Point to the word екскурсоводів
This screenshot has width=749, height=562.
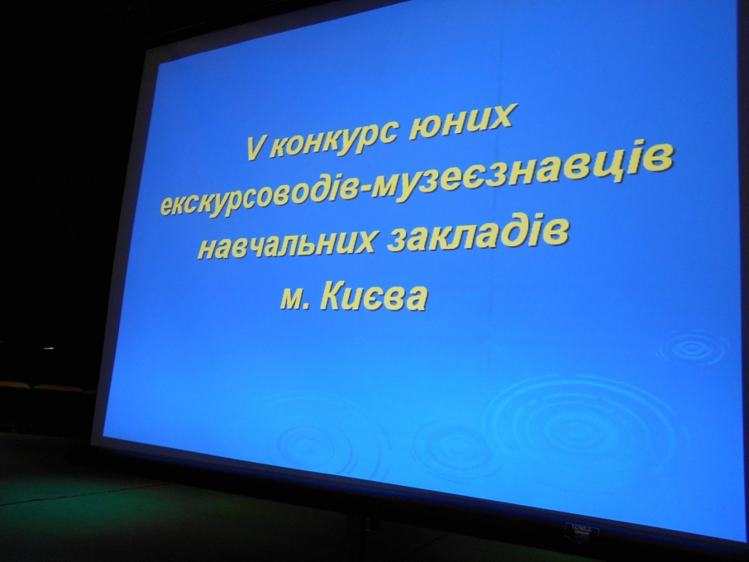(259, 193)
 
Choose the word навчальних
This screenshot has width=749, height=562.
(286, 245)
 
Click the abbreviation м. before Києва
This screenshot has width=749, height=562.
(296, 300)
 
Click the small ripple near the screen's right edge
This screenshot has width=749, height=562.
(694, 348)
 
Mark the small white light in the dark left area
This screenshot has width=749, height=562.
(49, 348)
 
